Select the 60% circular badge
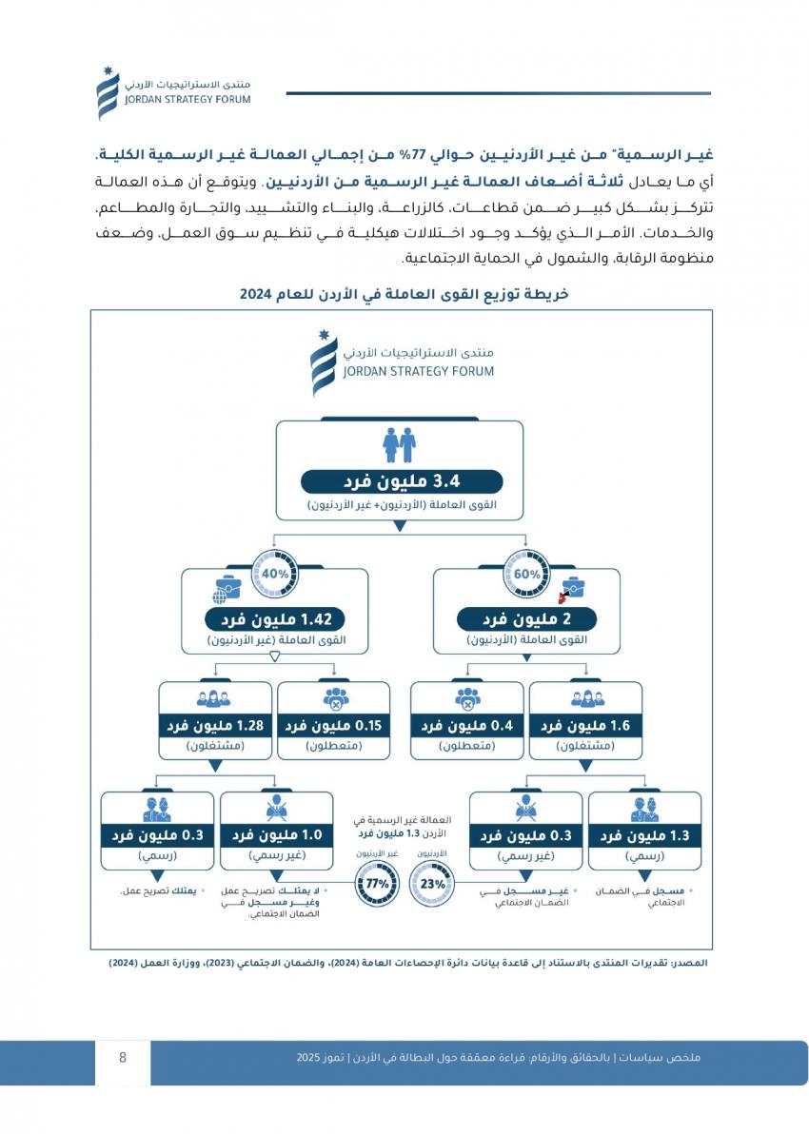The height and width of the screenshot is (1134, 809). pos(526,575)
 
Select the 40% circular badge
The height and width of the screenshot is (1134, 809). pos(275,575)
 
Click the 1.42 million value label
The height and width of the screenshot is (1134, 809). pos(275,620)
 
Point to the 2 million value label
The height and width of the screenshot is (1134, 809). pos(526,620)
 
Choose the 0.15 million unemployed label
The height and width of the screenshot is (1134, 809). pos(333,726)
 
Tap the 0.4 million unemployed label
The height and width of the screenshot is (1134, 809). pos(467,726)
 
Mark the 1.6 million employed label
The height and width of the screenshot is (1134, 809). pos(585,726)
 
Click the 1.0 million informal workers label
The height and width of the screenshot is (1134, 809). pos(276,835)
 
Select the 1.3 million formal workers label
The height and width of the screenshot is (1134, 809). pos(644,835)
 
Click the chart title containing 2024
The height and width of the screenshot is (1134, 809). pos(404,295)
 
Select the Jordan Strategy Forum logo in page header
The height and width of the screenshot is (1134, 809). pos(107,92)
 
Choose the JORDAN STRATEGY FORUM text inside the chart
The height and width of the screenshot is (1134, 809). pos(419,371)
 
